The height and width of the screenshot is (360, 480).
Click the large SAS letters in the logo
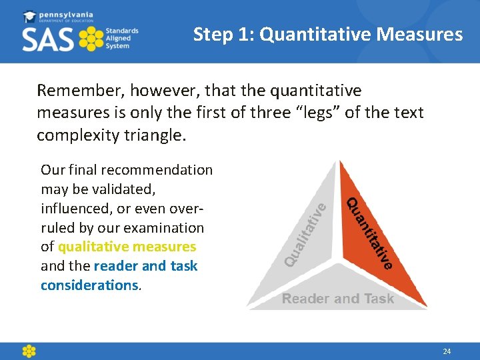(x=49, y=40)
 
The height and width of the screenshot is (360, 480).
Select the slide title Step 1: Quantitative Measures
(x=327, y=34)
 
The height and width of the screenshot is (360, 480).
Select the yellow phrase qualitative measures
(x=127, y=247)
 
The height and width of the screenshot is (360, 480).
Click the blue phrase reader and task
(x=145, y=266)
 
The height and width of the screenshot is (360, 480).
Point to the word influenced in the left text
(x=75, y=209)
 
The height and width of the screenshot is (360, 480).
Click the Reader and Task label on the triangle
(x=337, y=299)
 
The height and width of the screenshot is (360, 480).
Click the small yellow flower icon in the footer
(x=29, y=351)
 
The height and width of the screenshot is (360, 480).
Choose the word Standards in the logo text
(x=122, y=31)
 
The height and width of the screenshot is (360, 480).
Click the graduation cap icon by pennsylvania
(x=29, y=16)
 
